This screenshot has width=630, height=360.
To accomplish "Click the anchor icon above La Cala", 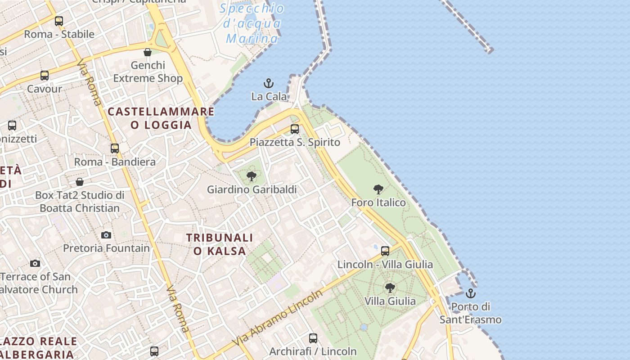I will click(269, 83).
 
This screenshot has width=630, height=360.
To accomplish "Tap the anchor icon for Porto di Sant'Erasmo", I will click(470, 294).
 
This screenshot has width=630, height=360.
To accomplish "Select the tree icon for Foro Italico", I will click(378, 189).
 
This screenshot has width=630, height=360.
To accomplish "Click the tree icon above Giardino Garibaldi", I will click(252, 176).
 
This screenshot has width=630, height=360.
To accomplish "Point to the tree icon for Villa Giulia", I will click(390, 288).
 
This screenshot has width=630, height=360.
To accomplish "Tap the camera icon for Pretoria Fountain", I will click(106, 235).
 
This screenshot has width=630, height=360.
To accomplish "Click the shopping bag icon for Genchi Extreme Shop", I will click(148, 52).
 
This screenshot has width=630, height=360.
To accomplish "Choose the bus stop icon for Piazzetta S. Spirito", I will click(295, 129).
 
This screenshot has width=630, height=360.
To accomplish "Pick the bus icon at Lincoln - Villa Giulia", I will click(385, 251).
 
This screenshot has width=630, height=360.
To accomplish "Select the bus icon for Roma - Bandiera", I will click(115, 148).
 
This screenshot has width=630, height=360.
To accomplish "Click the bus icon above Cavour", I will click(45, 76).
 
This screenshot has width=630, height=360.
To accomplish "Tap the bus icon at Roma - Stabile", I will click(59, 21).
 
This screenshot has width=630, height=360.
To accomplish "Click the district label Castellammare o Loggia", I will click(161, 118).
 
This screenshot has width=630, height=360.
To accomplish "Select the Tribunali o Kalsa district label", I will click(220, 244).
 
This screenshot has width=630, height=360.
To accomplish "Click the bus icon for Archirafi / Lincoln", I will click(313, 338).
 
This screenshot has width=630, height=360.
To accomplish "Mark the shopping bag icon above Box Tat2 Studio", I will click(80, 182).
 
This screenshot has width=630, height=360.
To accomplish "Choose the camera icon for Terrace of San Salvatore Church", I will click(35, 263).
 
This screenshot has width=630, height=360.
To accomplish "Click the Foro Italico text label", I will click(378, 202).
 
